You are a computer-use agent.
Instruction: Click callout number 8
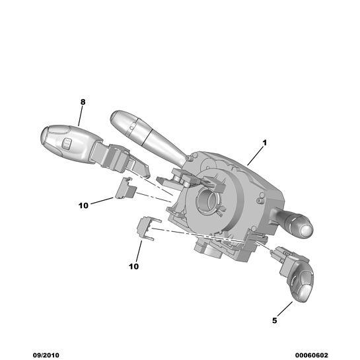tap(83, 102)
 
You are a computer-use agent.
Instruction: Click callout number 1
tap(265, 143)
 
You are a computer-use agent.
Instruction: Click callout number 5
tap(275, 320)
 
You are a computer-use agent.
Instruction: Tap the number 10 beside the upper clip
tap(83, 205)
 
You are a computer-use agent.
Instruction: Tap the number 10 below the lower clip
tap(134, 266)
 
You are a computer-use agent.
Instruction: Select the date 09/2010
tap(46, 355)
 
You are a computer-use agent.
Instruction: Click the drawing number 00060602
tap(312, 355)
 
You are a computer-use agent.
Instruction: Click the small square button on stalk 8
tap(66, 143)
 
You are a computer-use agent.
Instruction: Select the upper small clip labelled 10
tap(125, 188)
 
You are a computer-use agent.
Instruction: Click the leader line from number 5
tap(285, 309)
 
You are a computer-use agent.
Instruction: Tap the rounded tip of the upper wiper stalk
tap(116, 116)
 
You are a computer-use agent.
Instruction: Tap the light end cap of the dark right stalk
tap(306, 230)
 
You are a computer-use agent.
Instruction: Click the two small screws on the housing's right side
tap(260, 198)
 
